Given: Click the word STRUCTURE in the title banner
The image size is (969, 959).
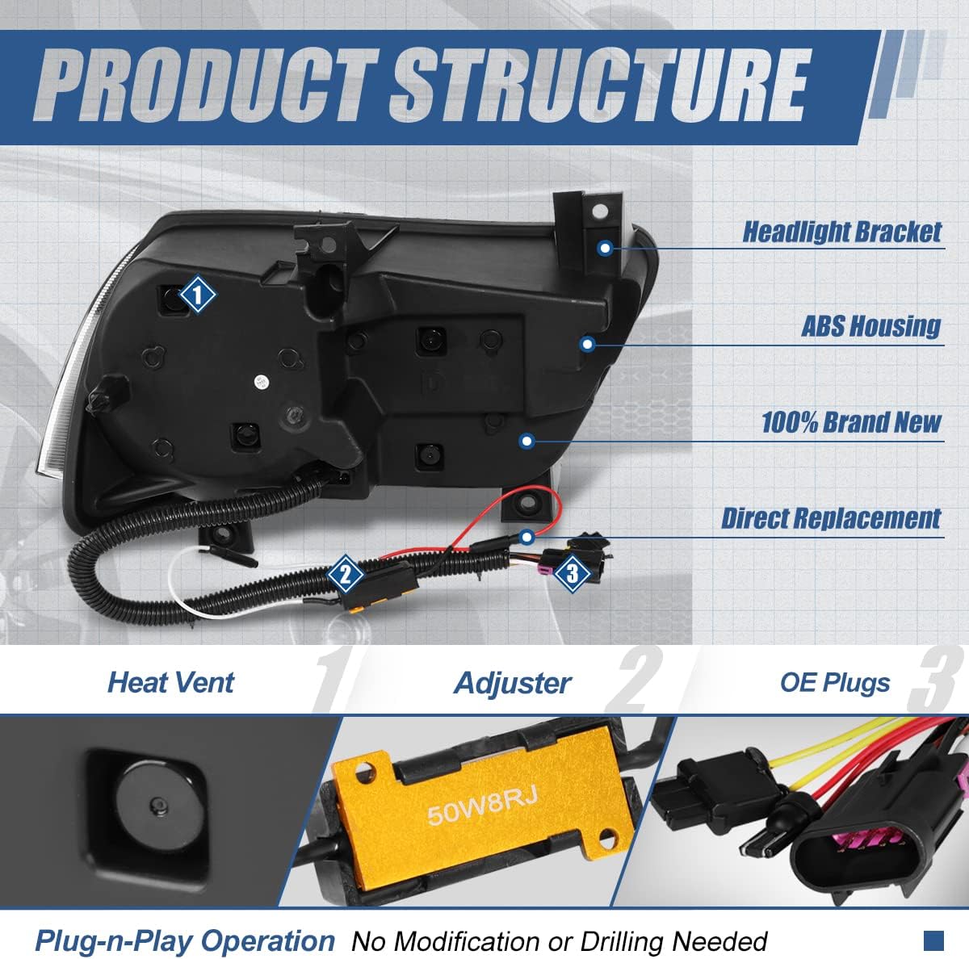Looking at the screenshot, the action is pyautogui.click(x=600, y=86).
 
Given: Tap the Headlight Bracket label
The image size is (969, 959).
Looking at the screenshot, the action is pyautogui.click(x=841, y=232).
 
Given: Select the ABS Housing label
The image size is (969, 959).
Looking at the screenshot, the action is pyautogui.click(x=871, y=326).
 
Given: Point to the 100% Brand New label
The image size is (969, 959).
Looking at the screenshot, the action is pyautogui.click(x=851, y=422).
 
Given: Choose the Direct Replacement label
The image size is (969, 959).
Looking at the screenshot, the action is pyautogui.click(x=831, y=518).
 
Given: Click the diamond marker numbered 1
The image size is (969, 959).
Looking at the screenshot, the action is pyautogui.click(x=197, y=294).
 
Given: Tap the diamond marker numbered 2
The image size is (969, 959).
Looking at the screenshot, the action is pyautogui.click(x=345, y=574).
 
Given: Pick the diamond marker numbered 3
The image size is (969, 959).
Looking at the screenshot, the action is pyautogui.click(x=573, y=573).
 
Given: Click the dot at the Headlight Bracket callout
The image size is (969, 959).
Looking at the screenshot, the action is pyautogui.click(x=606, y=248).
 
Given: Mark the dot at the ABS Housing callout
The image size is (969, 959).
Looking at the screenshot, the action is pyautogui.click(x=587, y=345).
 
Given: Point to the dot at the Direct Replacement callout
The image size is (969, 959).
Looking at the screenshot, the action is pyautogui.click(x=526, y=537).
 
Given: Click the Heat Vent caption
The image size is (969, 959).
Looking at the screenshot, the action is pyautogui.click(x=171, y=682).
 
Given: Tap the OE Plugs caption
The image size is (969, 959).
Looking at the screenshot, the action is pyautogui.click(x=835, y=682).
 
